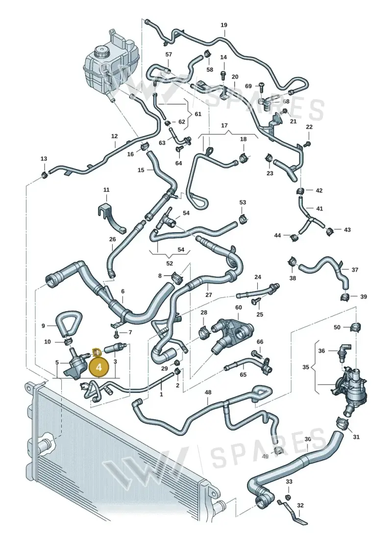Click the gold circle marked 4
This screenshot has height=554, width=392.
point(99,367)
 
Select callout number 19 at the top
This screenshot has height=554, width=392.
point(224,25)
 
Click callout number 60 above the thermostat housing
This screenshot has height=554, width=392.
point(239,308)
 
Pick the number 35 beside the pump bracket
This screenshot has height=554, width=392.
point(305,367)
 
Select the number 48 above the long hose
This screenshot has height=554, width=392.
point(208,392)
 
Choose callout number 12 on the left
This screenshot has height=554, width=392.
point(114,136)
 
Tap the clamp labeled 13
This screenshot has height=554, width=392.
point(44,174)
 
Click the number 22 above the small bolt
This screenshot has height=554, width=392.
point(309,127)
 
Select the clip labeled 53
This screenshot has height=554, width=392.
point(243,219)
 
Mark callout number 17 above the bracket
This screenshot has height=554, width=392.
point(224,125)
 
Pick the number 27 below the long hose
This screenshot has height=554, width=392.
point(209,295)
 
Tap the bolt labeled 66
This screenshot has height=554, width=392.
point(256,353)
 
